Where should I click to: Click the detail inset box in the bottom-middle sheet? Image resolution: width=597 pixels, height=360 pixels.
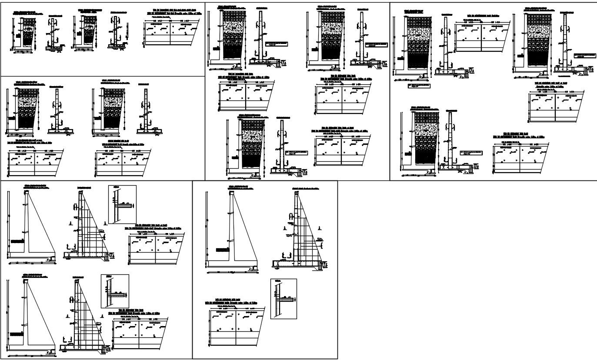click(x=283, y=299)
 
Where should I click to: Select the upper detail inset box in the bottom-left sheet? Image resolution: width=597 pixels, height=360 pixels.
click(x=122, y=204)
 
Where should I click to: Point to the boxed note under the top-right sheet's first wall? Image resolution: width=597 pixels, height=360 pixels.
click(x=419, y=86)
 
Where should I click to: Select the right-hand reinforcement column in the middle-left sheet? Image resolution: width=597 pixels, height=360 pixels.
click(x=146, y=111)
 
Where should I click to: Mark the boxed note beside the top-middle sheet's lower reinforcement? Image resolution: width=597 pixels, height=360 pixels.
click(x=297, y=153)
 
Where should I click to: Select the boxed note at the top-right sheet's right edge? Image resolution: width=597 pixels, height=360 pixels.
click(x=584, y=55)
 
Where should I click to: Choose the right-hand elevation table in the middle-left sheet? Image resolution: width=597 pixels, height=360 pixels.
click(x=123, y=163)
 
